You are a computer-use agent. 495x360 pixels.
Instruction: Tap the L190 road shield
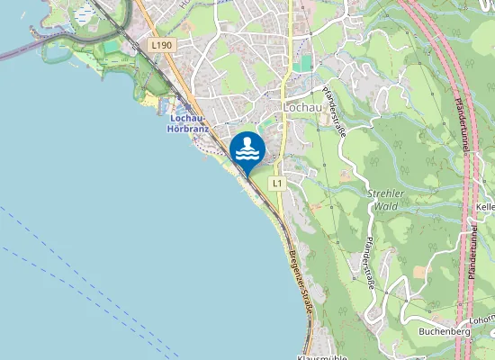coord(161,44)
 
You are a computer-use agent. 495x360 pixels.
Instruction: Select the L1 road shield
coord(276,184)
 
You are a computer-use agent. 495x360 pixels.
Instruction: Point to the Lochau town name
coord(302,107)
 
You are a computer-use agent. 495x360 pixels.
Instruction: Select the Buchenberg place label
coord(445,331)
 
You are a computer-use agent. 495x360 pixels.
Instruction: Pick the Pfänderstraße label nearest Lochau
coord(333,112)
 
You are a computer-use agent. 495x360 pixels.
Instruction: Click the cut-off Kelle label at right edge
coord(485,207)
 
